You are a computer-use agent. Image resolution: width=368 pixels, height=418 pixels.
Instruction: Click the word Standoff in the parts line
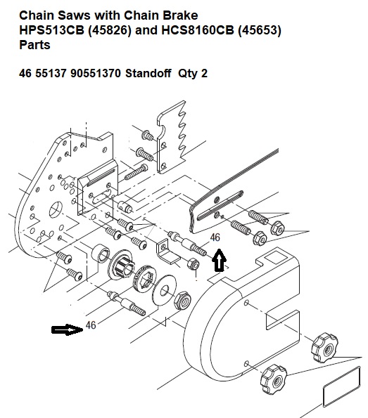148,73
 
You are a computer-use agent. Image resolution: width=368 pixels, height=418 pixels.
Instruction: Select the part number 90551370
95,73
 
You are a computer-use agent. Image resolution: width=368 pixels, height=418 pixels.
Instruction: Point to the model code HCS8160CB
198,30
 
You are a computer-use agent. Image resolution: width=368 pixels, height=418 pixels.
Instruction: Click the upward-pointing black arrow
219,260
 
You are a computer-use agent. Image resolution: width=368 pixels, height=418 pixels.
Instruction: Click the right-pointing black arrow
68,330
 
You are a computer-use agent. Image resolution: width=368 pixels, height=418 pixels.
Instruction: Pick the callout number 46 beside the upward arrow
215,237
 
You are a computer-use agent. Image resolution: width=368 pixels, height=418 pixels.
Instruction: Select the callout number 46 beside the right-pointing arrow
91,325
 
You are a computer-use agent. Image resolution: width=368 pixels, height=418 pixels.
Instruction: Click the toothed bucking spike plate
172,137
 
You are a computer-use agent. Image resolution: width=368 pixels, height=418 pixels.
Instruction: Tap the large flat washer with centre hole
164,289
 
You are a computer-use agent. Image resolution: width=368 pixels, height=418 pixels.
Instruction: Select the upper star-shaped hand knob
324,347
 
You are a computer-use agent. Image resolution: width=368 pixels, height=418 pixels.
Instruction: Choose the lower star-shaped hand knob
274,379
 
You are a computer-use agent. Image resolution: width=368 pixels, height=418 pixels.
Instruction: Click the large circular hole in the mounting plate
56,210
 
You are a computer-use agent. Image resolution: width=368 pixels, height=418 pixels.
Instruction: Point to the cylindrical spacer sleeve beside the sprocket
101,252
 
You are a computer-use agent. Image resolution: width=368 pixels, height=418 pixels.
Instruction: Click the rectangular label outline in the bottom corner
342,387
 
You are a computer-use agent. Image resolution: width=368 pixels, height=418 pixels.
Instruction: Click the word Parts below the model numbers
34,44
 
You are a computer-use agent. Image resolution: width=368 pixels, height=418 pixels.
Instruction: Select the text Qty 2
193,73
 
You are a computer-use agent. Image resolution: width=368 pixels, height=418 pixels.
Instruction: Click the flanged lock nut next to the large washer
183,301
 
